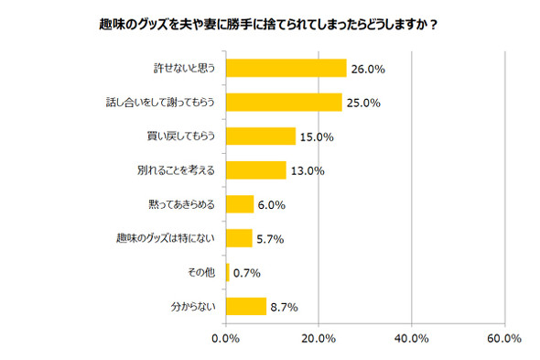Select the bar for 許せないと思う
(x=286, y=69)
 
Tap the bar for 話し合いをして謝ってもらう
(x=284, y=103)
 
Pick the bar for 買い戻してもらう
(x=260, y=136)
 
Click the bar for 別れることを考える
(x=255, y=170)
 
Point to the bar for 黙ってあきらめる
(x=239, y=204)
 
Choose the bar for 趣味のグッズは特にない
(x=238, y=238)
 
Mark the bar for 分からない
(x=245, y=306)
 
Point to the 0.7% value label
(x=248, y=272)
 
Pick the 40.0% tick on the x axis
(x=412, y=340)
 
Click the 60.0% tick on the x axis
(x=504, y=340)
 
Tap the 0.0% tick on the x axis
(x=226, y=340)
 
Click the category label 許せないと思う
(x=185, y=69)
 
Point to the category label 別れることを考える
(x=176, y=170)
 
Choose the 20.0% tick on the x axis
(x=319, y=340)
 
